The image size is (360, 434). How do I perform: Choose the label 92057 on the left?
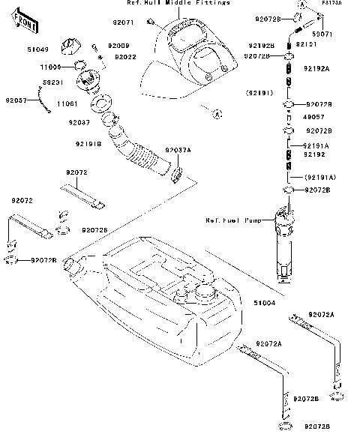16,99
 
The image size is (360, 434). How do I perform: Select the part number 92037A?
178,150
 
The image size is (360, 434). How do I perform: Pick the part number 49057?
313,117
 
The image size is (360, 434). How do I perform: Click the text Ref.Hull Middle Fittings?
184,4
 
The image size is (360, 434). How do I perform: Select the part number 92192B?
261,46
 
